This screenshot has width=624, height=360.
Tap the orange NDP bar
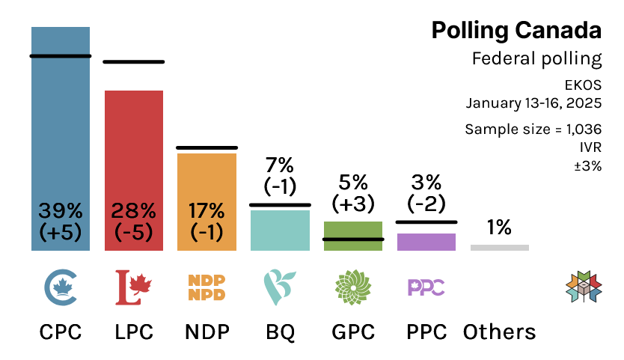click(207, 187)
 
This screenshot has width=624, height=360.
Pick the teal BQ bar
click(280, 230)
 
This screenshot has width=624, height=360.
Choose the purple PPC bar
click(426, 242)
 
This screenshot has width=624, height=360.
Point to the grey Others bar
click(500, 248)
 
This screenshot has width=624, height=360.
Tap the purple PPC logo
click(426, 287)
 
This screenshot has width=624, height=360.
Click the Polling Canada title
click(516, 30)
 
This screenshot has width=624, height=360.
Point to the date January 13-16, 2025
click(533, 102)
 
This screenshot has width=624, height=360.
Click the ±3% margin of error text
click(587, 166)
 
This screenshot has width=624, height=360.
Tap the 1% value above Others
click(499, 228)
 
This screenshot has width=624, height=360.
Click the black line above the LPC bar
click(134, 61)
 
